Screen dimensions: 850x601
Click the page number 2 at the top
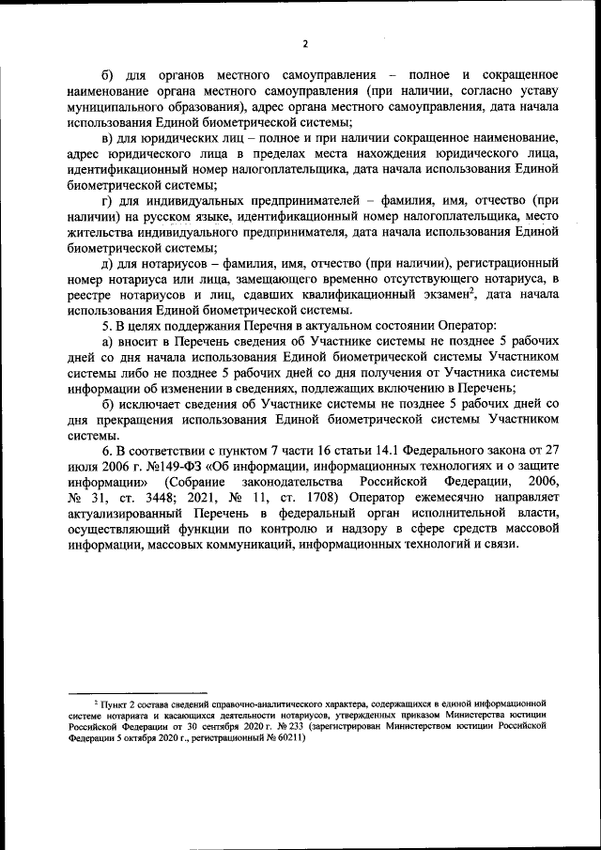305,43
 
